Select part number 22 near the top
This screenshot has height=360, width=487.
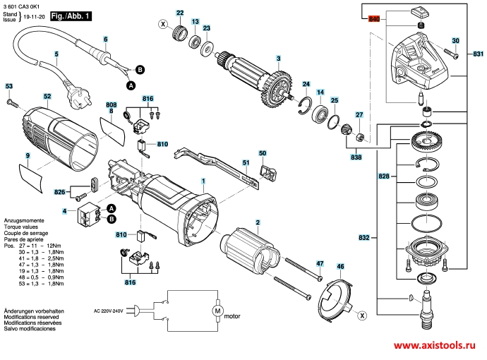tap(179, 13)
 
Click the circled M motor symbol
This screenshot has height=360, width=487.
tap(217, 311)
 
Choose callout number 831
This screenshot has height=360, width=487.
tap(479, 54)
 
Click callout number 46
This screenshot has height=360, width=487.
tap(340, 267)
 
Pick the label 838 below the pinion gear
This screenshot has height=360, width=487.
tap(356, 157)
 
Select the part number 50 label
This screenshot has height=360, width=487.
tap(263, 153)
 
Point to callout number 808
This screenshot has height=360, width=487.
tap(112, 103)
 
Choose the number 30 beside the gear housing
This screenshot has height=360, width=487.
tap(455, 41)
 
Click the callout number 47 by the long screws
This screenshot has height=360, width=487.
tap(319, 263)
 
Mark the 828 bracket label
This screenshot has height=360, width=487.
tap(383, 174)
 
